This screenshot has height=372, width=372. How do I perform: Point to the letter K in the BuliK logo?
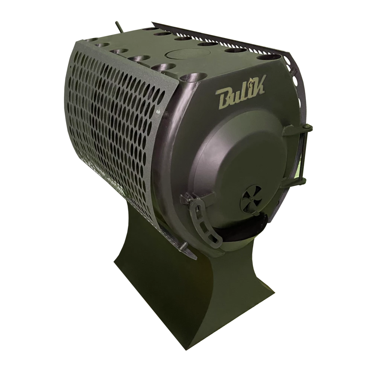[x=259, y=85]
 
